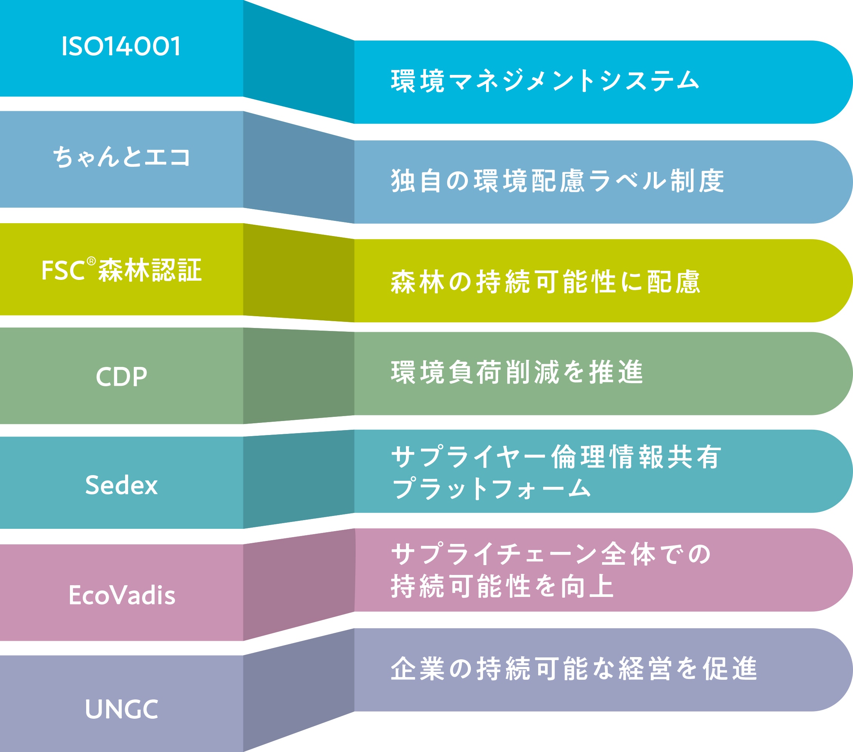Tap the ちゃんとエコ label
[121, 157]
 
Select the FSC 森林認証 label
[121, 269]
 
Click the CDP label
[121, 376]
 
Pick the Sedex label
[121, 485]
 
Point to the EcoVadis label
[122, 595]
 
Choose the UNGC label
[122, 709]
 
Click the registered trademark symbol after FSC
[91, 261]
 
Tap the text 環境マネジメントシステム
[545, 81]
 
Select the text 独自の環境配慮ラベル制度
[557, 181]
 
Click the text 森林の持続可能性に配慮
[545, 281]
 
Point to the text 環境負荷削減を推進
[517, 372]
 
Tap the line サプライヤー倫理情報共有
[556, 457]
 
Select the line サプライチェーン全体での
[550, 555]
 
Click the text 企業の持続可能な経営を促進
[574, 668]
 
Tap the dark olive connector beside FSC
[299, 272]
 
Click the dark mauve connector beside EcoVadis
[299, 584]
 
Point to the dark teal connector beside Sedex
[299, 479]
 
